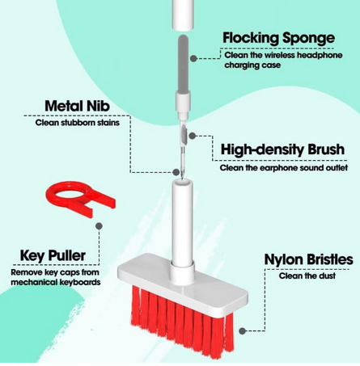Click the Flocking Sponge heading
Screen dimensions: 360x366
point(279,38)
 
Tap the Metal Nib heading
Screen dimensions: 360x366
point(77,106)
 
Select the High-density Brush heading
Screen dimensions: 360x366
point(282,149)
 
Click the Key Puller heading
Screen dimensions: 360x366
point(53,255)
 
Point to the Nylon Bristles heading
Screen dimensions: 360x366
point(308,259)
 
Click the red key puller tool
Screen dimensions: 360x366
point(81,199)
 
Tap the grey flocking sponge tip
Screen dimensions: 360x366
point(183,64)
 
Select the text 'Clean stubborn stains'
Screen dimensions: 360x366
point(78,123)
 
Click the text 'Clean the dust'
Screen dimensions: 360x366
point(307,276)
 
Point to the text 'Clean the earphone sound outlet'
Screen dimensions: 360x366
point(284,168)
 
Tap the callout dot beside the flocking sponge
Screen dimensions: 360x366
point(193,58)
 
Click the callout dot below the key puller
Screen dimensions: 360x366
point(99,226)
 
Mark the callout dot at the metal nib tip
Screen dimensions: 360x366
point(176,172)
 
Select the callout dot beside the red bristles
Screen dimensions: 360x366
point(243,331)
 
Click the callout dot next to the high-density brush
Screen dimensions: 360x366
point(192,136)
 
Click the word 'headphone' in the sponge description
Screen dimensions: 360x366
point(320,55)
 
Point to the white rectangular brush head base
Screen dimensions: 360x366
point(183,286)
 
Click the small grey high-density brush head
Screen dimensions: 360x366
point(184,133)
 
